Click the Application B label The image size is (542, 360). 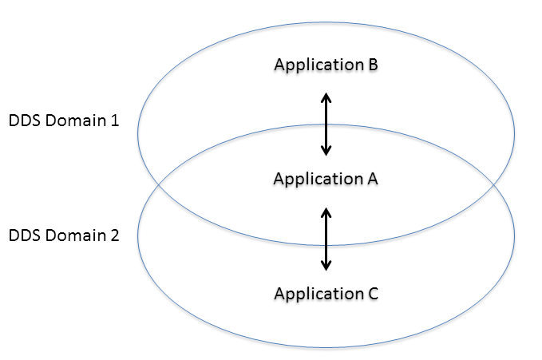point(325,65)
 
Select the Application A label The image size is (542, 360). point(325,179)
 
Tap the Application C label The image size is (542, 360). point(325,293)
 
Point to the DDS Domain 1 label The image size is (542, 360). point(64,122)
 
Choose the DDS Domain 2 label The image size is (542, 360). point(64,236)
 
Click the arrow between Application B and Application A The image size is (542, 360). point(326,123)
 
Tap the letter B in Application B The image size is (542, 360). point(372,65)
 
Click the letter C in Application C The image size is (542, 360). point(372,293)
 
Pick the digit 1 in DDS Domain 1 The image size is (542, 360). point(114,122)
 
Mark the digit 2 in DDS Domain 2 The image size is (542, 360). point(114,236)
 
